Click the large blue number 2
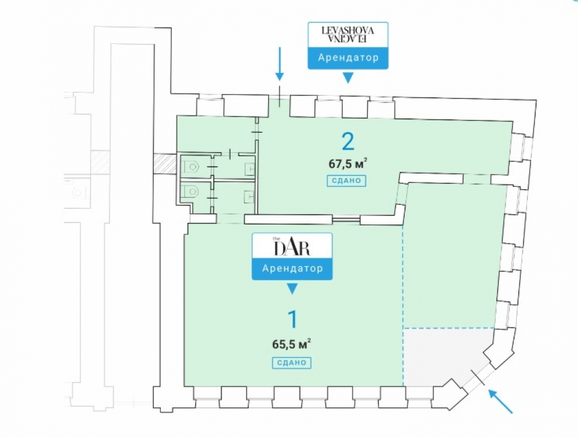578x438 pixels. tap(347, 141)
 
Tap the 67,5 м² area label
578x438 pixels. tap(348, 163)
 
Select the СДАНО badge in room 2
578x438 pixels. tap(347, 181)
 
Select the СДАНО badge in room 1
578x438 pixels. tap(291, 363)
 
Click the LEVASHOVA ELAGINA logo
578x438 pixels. tap(348, 34)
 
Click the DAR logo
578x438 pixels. tap(292, 247)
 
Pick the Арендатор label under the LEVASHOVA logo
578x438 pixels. tap(348, 58)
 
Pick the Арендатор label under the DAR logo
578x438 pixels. tap(292, 268)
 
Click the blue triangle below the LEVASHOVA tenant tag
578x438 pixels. tap(348, 78)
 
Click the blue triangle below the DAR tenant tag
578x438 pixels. tap(292, 288)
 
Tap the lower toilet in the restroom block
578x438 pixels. tap(191, 191)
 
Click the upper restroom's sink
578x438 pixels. tap(249, 168)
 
